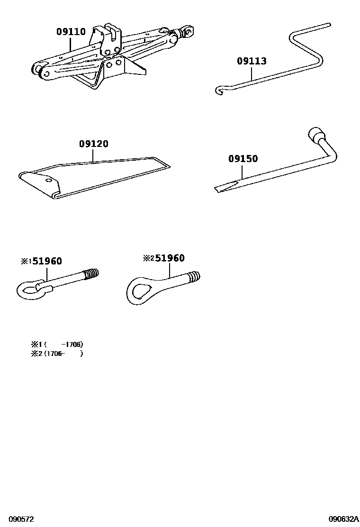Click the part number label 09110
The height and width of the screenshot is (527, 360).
tap(71, 32)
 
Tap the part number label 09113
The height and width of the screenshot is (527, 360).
tap(252, 61)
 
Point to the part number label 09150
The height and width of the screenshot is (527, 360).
tap(243, 159)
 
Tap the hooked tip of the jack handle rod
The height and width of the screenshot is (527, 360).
tap(219, 90)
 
